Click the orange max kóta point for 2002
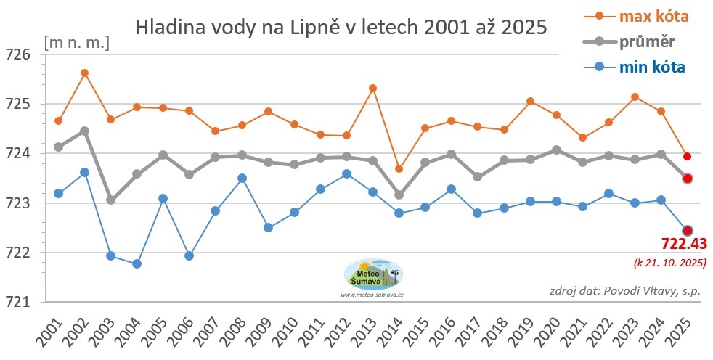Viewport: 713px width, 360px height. point(84,73)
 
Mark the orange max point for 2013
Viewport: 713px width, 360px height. point(372,88)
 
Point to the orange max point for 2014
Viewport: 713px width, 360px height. point(399,168)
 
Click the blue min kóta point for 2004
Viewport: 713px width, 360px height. point(137,263)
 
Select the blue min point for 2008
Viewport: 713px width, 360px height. point(242,178)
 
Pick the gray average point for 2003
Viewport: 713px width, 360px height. point(110,200)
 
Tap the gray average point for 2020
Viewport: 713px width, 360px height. point(556,150)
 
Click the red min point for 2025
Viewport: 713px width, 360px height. point(687,231)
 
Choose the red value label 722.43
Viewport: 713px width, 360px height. point(684,244)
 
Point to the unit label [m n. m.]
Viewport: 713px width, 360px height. point(76,41)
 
